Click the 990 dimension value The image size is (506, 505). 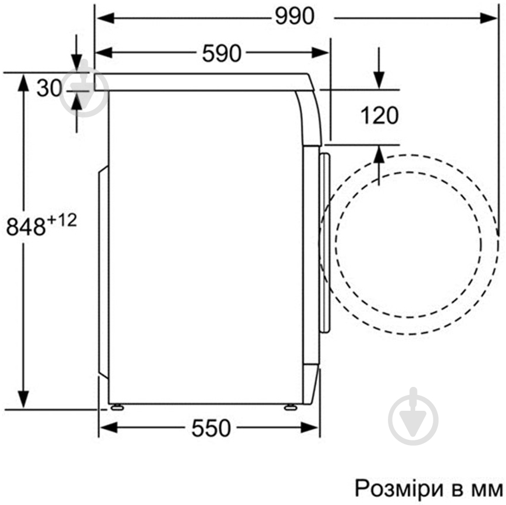coord(294,16)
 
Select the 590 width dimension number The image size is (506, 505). coord(222,54)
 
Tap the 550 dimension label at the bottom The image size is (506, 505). coord(211,428)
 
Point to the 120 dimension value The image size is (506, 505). coord(379,115)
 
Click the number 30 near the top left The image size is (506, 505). coord(49,88)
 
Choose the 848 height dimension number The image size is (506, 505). coord(26,226)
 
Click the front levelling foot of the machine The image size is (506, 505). coord(290,407)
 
